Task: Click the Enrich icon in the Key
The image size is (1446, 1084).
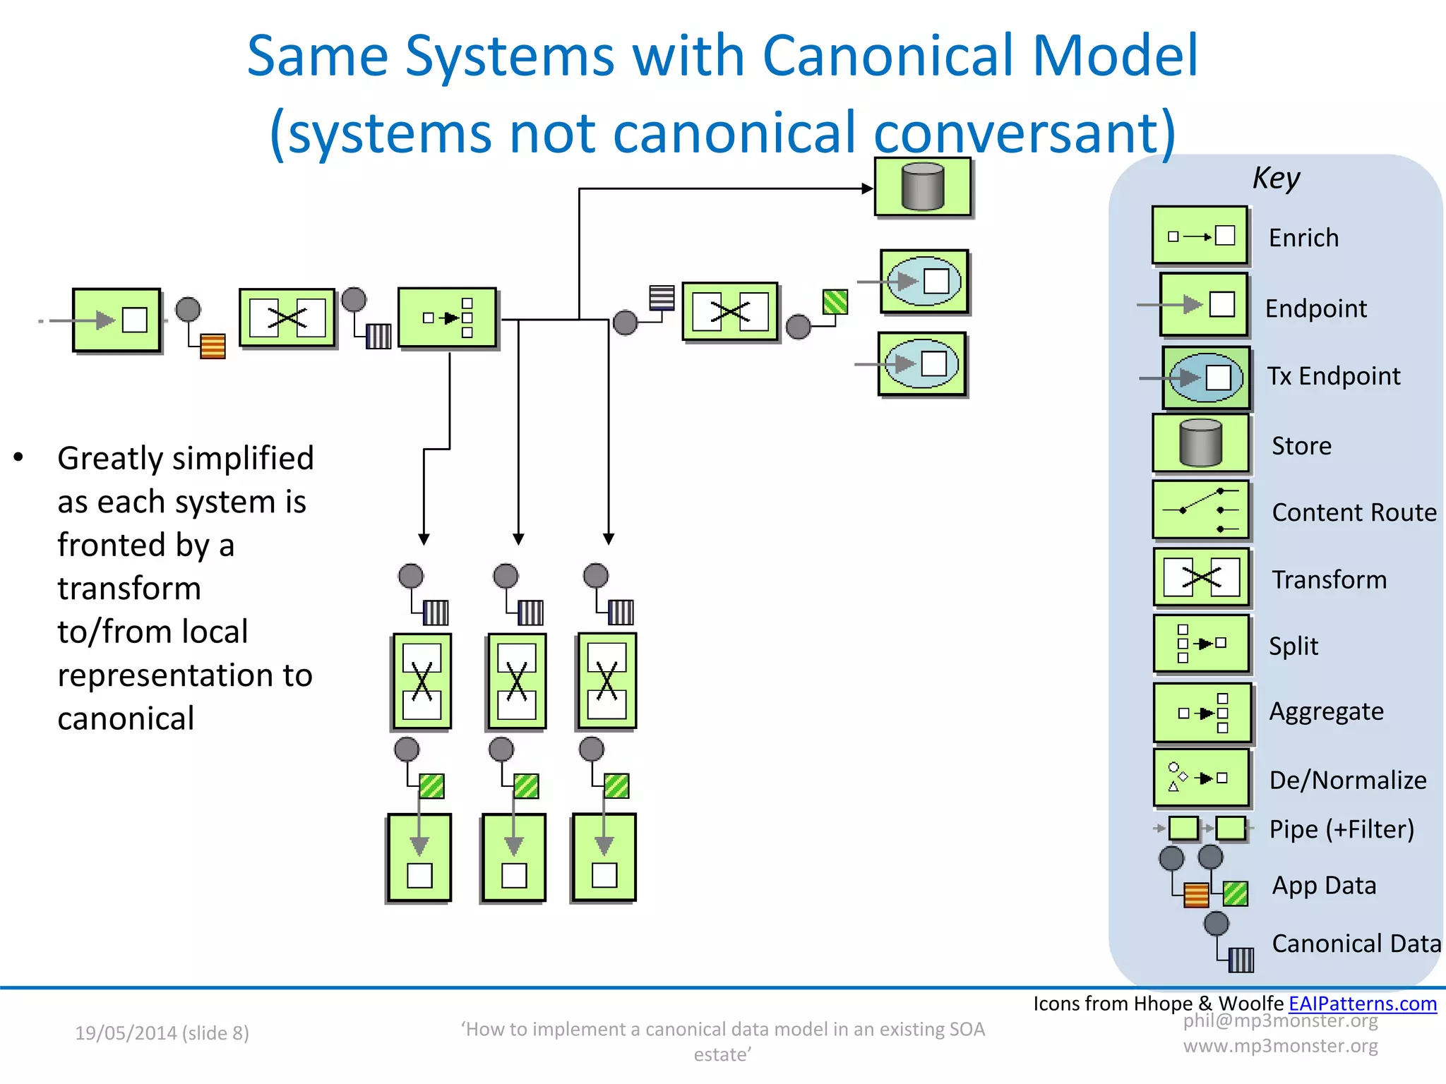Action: (1200, 236)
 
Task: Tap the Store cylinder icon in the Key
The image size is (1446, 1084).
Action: (1200, 443)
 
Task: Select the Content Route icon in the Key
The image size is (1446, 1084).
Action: (1200, 510)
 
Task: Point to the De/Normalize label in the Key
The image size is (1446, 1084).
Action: (1347, 780)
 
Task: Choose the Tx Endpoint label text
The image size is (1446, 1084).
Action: (1333, 376)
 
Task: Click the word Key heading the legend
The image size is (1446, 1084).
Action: (1276, 178)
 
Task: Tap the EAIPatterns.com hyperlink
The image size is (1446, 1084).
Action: (1362, 1004)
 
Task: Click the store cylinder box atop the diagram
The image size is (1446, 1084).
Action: (923, 187)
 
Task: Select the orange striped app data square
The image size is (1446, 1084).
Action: (213, 347)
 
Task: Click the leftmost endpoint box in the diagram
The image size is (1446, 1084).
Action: (116, 320)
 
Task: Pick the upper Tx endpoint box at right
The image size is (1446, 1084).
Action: (924, 281)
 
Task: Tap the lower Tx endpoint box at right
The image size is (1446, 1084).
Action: (922, 364)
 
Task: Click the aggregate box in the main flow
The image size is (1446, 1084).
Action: (448, 318)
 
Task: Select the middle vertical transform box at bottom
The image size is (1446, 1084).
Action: (517, 682)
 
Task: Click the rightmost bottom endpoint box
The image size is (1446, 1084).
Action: (604, 857)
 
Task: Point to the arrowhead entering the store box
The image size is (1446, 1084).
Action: (868, 188)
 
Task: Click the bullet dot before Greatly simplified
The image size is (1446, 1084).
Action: (19, 458)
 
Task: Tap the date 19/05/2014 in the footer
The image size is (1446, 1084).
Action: (126, 1033)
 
